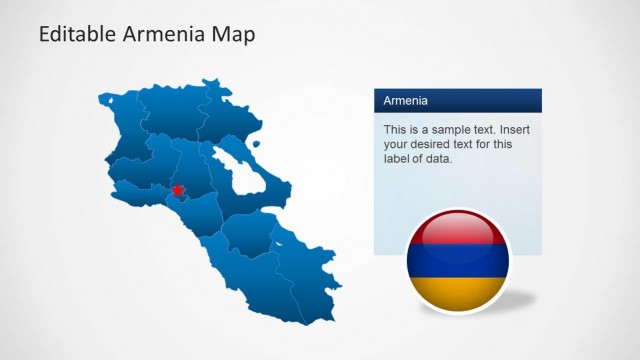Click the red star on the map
click(x=178, y=190)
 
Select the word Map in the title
click(x=232, y=35)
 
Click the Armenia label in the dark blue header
click(x=406, y=101)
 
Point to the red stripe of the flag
click(x=458, y=232)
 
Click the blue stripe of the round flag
click(x=458, y=262)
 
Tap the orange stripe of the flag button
click(x=458, y=291)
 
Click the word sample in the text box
click(x=444, y=130)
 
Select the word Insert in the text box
click(x=518, y=130)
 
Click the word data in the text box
click(x=440, y=158)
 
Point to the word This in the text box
click(x=396, y=130)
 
